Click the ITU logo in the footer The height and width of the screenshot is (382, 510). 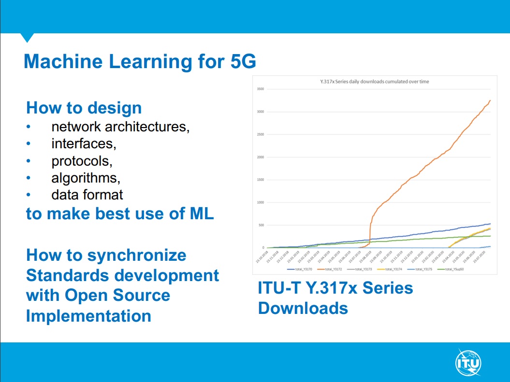click(x=468, y=361)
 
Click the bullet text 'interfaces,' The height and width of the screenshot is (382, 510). click(x=84, y=144)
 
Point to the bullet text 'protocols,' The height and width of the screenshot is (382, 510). click(x=82, y=161)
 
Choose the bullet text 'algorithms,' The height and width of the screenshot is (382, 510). click(x=86, y=178)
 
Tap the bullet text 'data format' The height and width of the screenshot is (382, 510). click(x=87, y=195)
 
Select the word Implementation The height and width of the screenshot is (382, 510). click(x=88, y=316)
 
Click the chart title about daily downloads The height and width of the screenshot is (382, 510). click(x=375, y=82)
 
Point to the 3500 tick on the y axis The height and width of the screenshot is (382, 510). click(x=260, y=89)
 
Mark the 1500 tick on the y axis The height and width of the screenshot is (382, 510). click(x=260, y=180)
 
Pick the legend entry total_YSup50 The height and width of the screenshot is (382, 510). click(x=448, y=269)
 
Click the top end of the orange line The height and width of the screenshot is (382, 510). click(x=490, y=100)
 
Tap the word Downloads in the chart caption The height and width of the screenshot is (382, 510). click(x=303, y=308)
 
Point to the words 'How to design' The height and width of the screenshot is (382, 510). click(x=84, y=107)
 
